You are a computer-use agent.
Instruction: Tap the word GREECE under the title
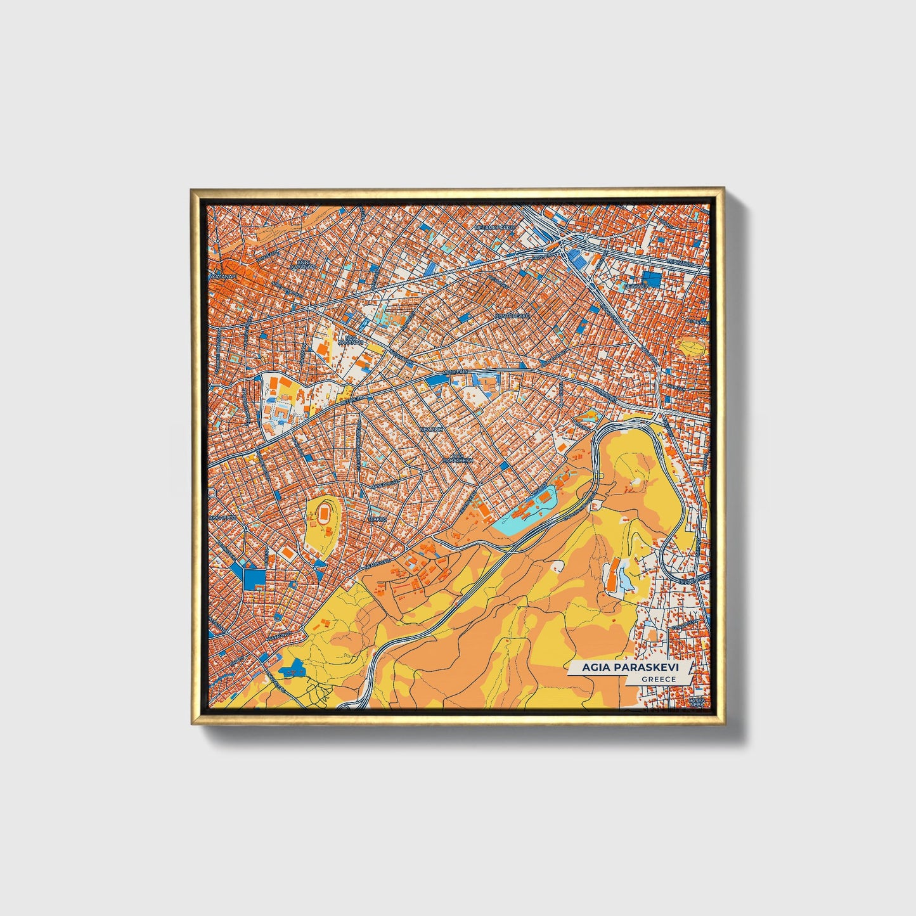pos(658,679)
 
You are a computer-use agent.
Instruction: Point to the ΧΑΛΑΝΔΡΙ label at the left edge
pos(224,277)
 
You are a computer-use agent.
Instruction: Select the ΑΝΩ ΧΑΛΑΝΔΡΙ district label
pos(304,265)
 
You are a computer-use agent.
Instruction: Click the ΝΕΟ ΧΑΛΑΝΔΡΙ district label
pos(353,340)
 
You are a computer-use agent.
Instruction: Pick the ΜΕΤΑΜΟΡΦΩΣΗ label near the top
pos(494,226)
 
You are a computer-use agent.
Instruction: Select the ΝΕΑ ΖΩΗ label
pos(430,429)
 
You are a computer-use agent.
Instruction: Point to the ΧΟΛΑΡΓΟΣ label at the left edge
pos(223,517)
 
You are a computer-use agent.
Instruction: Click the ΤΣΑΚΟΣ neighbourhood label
pos(378,518)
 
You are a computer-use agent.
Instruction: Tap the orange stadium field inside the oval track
pos(325,512)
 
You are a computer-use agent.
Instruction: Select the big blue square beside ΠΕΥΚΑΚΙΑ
pos(650,278)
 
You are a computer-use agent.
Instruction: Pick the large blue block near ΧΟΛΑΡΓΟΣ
pos(254,577)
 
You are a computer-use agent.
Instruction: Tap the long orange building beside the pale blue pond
pos(612,577)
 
